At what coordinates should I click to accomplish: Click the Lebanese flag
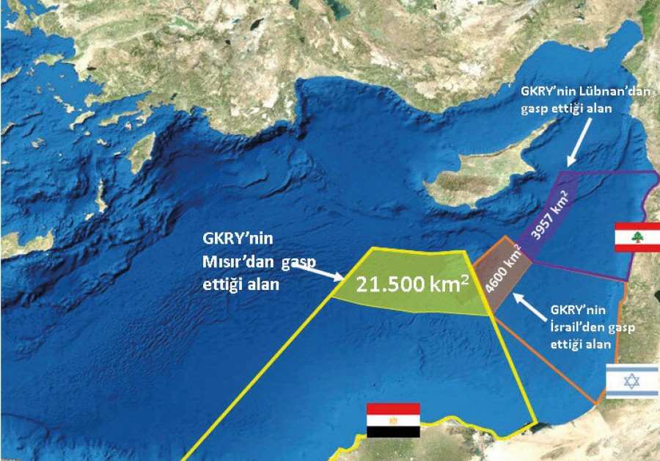(x=637, y=236)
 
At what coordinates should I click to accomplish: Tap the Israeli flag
(x=631, y=381)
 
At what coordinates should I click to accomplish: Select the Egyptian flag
(x=393, y=420)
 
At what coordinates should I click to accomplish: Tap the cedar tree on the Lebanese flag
(x=637, y=236)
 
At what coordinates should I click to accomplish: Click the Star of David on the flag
(x=631, y=381)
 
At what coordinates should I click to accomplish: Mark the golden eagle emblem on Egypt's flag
(x=393, y=421)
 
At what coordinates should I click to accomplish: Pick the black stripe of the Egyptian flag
(x=393, y=432)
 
